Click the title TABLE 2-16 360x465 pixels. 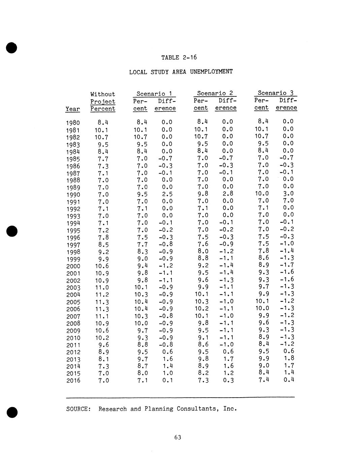click(x=179, y=58)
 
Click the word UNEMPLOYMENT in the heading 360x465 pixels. click(x=211, y=72)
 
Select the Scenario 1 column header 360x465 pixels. click(x=154, y=94)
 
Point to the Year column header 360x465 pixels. click(x=73, y=109)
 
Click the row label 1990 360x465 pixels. click(x=73, y=195)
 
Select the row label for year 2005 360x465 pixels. click(x=73, y=302)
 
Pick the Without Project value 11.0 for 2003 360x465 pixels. click(x=102, y=288)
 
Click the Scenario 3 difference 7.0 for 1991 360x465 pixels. click(x=288, y=201)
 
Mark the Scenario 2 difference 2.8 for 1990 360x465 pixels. click(x=228, y=194)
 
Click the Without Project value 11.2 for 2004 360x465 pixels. click(x=102, y=295)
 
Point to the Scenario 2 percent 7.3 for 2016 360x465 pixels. click(x=203, y=380)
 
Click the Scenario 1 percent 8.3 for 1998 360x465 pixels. click(x=142, y=252)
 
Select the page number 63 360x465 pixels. click(x=178, y=437)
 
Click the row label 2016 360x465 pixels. click(x=73, y=381)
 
